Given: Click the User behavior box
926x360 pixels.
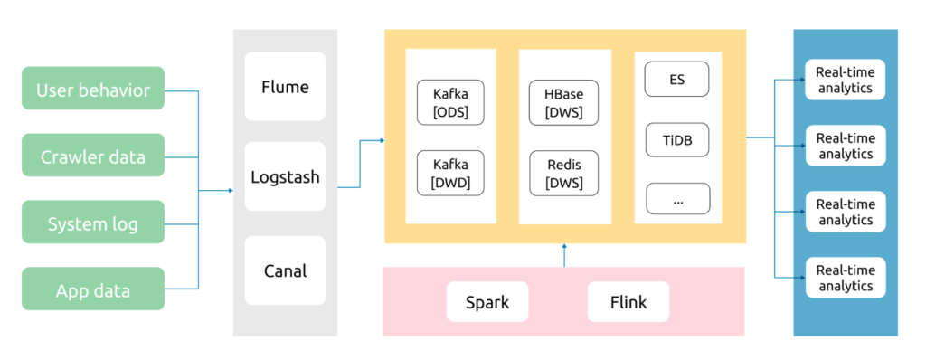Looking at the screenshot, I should tap(93, 89).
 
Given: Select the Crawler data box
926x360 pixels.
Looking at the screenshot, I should tap(93, 156).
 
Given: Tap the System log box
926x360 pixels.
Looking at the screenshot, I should tap(93, 223).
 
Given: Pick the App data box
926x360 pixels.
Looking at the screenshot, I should tap(93, 289).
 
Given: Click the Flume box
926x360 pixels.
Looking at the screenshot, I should tap(285, 87).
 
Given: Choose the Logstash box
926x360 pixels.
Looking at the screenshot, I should tap(285, 176).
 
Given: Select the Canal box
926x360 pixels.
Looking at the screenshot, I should tap(285, 270).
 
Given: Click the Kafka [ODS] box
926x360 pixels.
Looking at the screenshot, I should tap(450, 102).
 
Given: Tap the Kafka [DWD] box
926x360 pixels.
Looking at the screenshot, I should tap(450, 173).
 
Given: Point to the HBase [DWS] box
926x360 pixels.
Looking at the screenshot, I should tap(564, 102).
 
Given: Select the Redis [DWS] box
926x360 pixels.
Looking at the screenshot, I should tap(564, 173).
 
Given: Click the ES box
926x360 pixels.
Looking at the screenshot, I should tap(677, 79).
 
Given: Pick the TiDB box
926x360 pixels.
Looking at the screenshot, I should tap(677, 139).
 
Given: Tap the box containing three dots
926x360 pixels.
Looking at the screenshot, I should tap(677, 198).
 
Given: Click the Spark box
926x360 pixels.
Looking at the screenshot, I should tap(487, 302).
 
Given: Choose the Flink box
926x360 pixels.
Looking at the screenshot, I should tap(628, 302).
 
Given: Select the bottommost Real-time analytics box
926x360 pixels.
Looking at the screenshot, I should tap(846, 279).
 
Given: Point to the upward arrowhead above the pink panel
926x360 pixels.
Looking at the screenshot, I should tap(564, 246).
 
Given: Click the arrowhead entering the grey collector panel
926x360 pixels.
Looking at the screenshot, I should tap(230, 190).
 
